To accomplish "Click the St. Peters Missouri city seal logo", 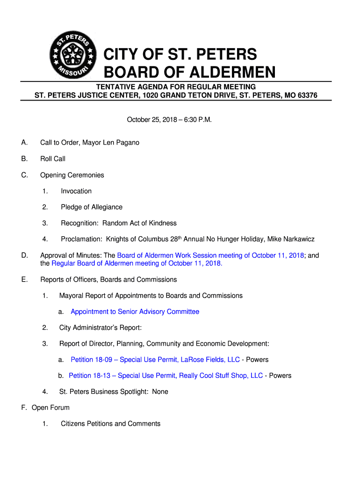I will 72,56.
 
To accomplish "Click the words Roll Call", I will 53,159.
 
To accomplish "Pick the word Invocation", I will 76,191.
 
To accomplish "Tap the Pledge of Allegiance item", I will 92,207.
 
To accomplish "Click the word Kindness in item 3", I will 162,223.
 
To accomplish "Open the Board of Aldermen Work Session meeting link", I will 210,255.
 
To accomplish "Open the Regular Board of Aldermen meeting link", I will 137,263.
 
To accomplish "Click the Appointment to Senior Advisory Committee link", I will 135,312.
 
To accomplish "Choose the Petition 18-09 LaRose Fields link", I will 155,360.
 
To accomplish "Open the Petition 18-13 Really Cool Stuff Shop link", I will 166,376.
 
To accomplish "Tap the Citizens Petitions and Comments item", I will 110,424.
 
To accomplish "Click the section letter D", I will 24,255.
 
